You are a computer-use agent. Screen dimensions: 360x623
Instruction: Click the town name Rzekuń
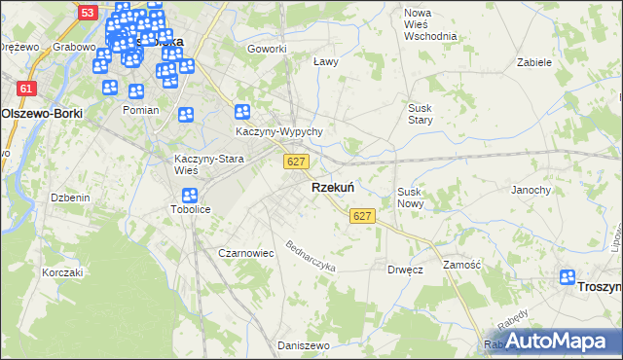point(332,188)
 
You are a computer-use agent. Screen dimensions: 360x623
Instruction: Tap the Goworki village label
point(267,49)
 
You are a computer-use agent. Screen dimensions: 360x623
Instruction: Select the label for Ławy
point(325,61)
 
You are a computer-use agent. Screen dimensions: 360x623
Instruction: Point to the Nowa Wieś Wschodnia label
point(429,23)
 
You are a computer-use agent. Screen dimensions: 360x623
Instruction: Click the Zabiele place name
point(534,61)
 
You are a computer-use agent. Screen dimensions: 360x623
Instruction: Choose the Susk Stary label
point(420,113)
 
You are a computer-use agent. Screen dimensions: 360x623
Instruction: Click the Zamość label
point(462,265)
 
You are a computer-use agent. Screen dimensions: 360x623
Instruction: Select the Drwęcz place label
point(404,269)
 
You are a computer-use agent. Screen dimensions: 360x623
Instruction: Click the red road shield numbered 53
point(88,13)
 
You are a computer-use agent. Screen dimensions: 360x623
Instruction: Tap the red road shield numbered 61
point(25,89)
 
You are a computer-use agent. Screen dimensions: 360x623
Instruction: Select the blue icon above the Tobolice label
point(190,196)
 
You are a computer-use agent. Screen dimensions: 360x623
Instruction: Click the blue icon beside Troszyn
point(568,278)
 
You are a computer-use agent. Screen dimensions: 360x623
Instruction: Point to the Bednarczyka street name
point(310,255)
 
